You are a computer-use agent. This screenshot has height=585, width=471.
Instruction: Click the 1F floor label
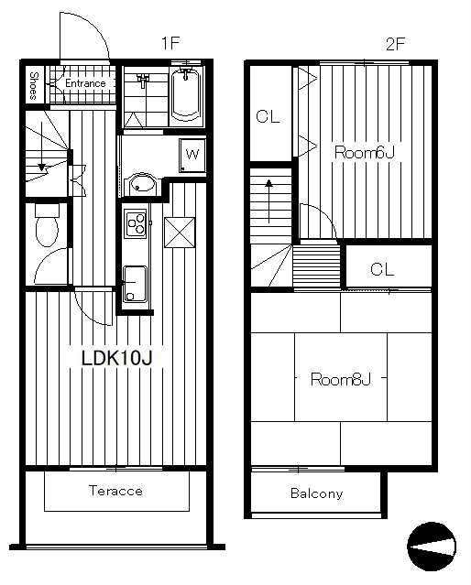[x=170, y=43]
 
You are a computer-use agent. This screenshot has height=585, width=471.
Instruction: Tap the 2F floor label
[x=395, y=44]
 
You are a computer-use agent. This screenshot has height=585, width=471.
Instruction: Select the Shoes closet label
[x=34, y=86]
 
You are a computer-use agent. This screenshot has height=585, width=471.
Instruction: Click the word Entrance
[x=85, y=83]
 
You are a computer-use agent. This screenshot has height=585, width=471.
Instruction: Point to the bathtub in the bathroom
[x=186, y=94]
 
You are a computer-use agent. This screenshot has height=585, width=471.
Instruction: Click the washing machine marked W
[x=192, y=155]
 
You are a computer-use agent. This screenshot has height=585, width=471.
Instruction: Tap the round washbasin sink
[x=141, y=184]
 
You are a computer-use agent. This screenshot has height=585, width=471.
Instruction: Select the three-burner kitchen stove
[x=136, y=223]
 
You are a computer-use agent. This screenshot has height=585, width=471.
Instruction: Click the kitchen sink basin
[x=135, y=283]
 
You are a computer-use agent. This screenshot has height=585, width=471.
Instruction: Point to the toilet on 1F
[x=47, y=225]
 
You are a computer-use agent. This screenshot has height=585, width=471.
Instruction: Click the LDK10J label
[x=117, y=358]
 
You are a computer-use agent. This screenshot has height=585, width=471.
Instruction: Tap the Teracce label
[x=115, y=490]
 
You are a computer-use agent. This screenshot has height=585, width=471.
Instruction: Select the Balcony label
[x=316, y=493]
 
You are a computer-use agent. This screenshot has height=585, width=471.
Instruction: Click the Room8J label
[x=341, y=379]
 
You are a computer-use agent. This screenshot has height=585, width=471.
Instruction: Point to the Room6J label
[x=364, y=153]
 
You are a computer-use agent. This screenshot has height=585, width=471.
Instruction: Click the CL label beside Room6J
[x=268, y=117]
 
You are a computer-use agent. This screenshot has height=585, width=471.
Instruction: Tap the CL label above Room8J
[x=382, y=269]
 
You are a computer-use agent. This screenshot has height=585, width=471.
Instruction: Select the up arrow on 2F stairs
[x=268, y=201]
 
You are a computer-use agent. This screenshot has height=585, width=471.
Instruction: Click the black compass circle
[x=432, y=547]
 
